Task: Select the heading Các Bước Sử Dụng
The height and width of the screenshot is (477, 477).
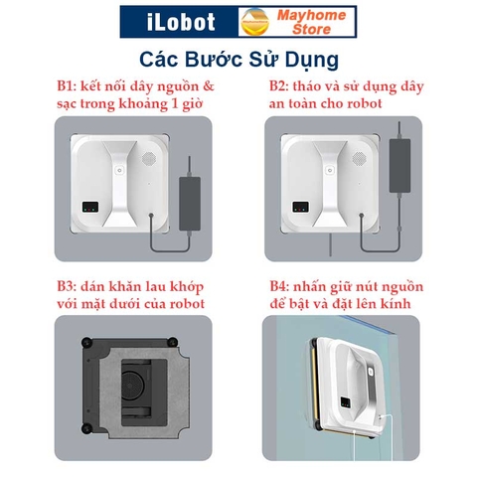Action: pos(238,57)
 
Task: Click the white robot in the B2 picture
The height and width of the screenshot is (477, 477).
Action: pos(327,180)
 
